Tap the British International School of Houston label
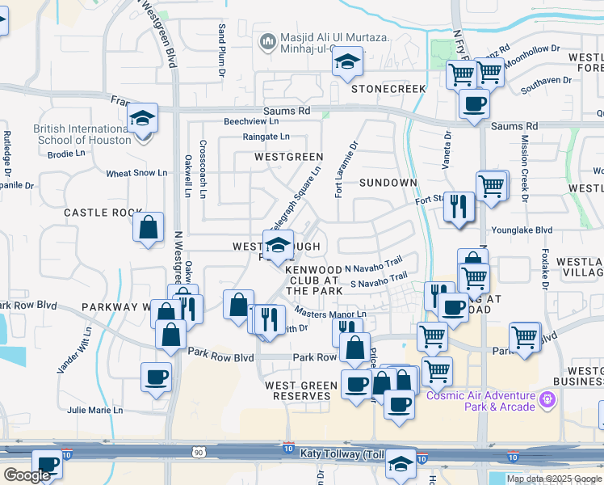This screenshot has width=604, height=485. coord(82,134)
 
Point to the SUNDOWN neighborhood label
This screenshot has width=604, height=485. coord(388,183)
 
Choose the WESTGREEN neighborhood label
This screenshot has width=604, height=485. coord(288,156)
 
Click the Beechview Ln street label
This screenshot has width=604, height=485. coord(250,121)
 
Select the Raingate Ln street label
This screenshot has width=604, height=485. coord(266,137)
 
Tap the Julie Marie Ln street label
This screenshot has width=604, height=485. coord(94,410)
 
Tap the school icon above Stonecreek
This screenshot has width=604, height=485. coord(347,61)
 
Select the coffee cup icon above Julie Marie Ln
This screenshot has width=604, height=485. coord(156,376)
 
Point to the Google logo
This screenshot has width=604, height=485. coord(27,475)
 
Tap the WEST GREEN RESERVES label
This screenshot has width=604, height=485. coord(301,391)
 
